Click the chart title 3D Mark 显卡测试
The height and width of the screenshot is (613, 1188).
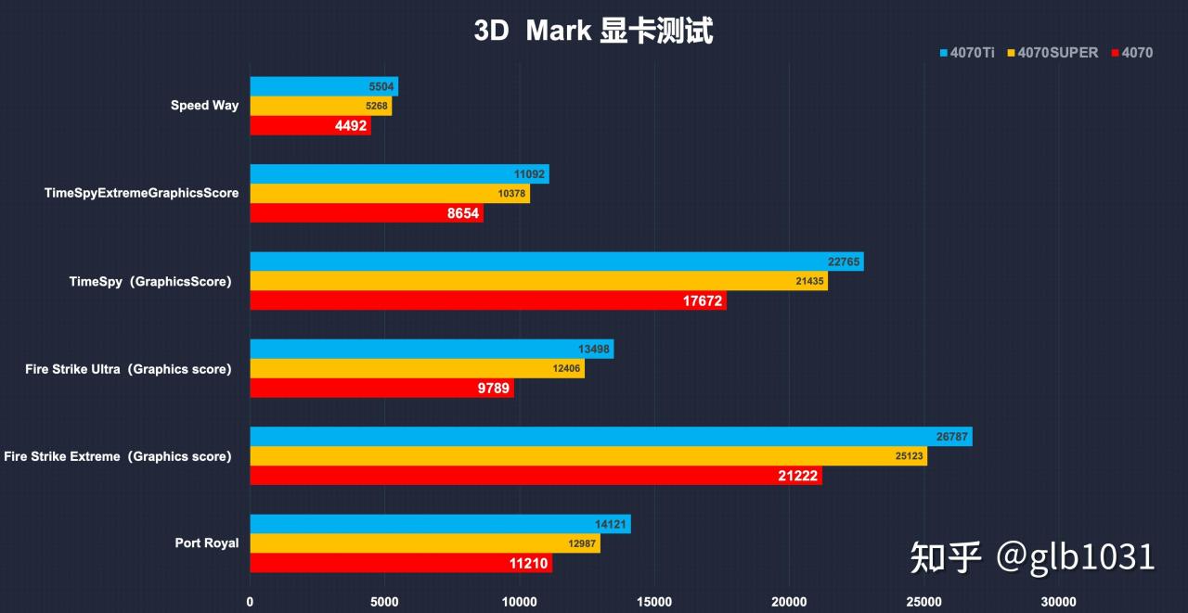593,31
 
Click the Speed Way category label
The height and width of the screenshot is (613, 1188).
204,106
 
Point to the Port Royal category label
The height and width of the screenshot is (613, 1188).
206,543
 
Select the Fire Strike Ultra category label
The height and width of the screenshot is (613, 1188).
128,369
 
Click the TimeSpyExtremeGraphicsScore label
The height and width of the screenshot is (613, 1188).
141,193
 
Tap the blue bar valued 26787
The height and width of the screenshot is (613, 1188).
611,437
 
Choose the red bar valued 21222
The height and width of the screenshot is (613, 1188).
536,476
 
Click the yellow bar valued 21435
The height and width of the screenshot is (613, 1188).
538,281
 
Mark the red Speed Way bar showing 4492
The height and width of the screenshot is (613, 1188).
310,126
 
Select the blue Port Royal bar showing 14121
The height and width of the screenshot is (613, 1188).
440,524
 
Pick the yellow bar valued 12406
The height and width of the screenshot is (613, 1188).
417,369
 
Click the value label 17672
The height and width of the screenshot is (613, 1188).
703,301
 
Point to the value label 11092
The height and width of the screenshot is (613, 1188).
530,174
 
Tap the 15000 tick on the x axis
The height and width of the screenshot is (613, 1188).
655,602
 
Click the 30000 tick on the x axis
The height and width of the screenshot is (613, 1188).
1059,602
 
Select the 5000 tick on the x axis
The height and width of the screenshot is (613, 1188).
384,602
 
